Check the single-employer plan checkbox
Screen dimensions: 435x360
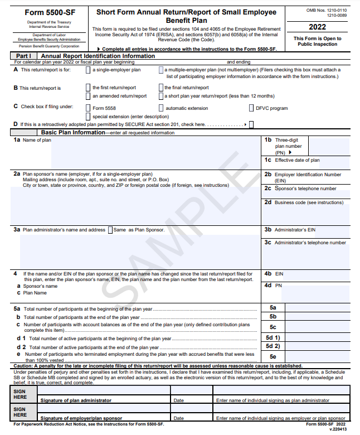[x=88, y=70]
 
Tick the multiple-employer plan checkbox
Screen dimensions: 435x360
[x=161, y=70]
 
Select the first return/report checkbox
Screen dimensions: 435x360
[x=88, y=88]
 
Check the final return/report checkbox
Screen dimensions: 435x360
[x=161, y=88]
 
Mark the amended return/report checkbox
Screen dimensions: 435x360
[x=88, y=96]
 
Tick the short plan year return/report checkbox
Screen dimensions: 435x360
[x=161, y=96]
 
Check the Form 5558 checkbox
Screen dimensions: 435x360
[x=88, y=108]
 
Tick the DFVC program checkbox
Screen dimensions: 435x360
[x=251, y=108]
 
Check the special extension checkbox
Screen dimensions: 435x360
[x=88, y=116]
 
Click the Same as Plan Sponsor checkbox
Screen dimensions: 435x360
[x=110, y=230]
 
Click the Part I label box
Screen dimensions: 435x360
[x=23, y=56]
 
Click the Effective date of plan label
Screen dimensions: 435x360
[x=297, y=160]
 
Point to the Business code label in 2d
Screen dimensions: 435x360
[x=309, y=202]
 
